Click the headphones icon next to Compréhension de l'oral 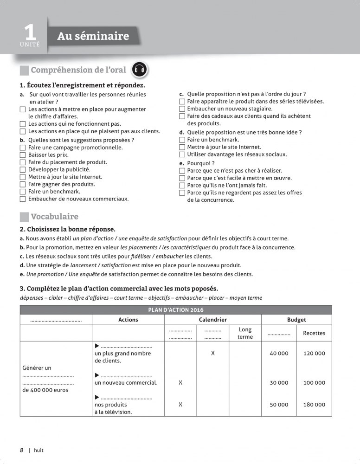tap(140, 70)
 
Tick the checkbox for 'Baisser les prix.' tap(23, 155)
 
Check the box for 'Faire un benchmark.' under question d tap(182, 140)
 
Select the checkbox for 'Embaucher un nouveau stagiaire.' tap(182, 109)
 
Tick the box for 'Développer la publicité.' tap(23, 170)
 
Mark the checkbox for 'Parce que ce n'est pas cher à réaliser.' tap(182, 171)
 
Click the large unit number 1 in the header tap(30, 32)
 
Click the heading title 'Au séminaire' tap(93, 36)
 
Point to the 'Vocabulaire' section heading tap(54, 217)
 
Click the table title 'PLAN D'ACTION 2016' tap(176, 310)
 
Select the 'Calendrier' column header tap(212, 320)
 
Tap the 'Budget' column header tap(296, 320)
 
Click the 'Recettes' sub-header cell tap(314, 333)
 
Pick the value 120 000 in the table tap(314, 353)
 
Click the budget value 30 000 tap(279, 383)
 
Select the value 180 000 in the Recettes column tap(314, 405)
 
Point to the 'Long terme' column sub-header tap(245, 333)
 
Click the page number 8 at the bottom tap(21, 450)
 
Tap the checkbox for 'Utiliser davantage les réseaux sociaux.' tap(182, 155)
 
